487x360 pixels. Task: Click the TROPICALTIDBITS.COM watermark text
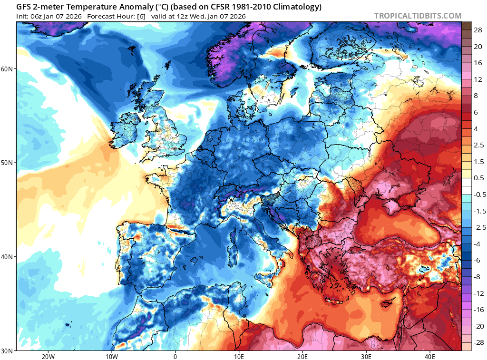[x=418, y=16]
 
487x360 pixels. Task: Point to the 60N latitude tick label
[x=8, y=69]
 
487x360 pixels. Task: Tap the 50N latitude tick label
[x=8, y=163]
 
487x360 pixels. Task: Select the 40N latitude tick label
[x=8, y=257]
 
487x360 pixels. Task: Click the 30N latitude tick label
[x=8, y=350]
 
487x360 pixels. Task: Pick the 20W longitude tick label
[x=48, y=356]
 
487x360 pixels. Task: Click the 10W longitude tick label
[x=111, y=356]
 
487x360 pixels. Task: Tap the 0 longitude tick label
[x=175, y=356]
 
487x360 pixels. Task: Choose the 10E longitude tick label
[x=239, y=356]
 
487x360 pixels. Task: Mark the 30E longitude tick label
[x=366, y=356]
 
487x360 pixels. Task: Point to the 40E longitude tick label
[x=430, y=356]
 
